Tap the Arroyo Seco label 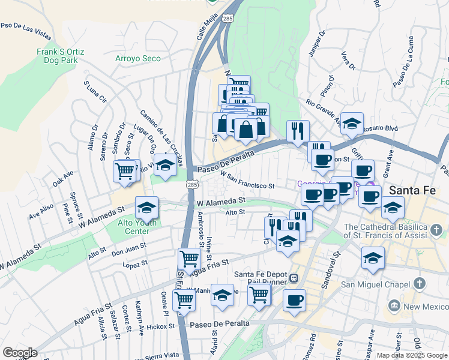(x=138, y=58)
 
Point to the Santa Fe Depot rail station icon (x=294, y=278)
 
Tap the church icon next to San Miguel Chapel (x=420, y=282)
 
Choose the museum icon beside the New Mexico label (x=394, y=307)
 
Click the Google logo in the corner (x=20, y=353)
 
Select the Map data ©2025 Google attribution (x=411, y=355)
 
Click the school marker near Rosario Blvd (x=352, y=122)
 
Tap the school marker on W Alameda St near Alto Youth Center (x=146, y=207)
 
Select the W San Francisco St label (x=247, y=181)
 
